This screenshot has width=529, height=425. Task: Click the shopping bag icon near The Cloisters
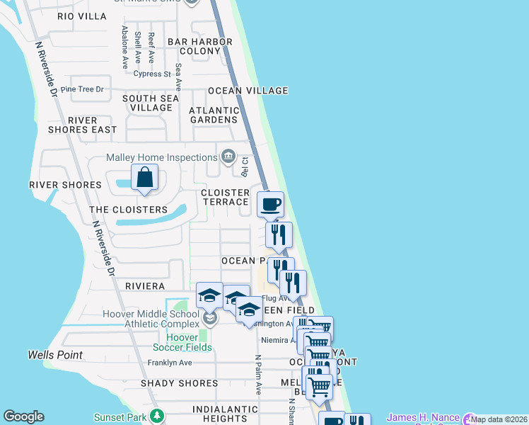pyautogui.click(x=144, y=178)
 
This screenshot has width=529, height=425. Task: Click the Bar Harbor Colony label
pyautogui.click(x=200, y=46)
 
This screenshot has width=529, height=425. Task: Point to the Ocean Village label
pyautogui.click(x=248, y=91)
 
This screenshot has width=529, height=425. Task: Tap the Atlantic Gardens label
pyautogui.click(x=214, y=115)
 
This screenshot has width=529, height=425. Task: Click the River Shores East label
pyautogui.click(x=82, y=125)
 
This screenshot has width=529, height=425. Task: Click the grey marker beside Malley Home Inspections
pyautogui.click(x=228, y=156)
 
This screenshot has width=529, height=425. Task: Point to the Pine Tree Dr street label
pyautogui.click(x=82, y=89)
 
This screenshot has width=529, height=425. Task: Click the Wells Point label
pyautogui.click(x=55, y=355)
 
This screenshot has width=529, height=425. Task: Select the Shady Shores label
pyautogui.click(x=180, y=383)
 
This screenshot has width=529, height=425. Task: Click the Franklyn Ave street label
pyautogui.click(x=170, y=363)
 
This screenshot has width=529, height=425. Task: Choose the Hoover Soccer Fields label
pyautogui.click(x=182, y=342)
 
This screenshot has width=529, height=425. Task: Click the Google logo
pyautogui.click(x=23, y=416)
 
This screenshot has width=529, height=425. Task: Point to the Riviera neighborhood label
pyautogui.click(x=144, y=286)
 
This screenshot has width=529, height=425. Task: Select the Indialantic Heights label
pyautogui.click(x=216, y=414)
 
